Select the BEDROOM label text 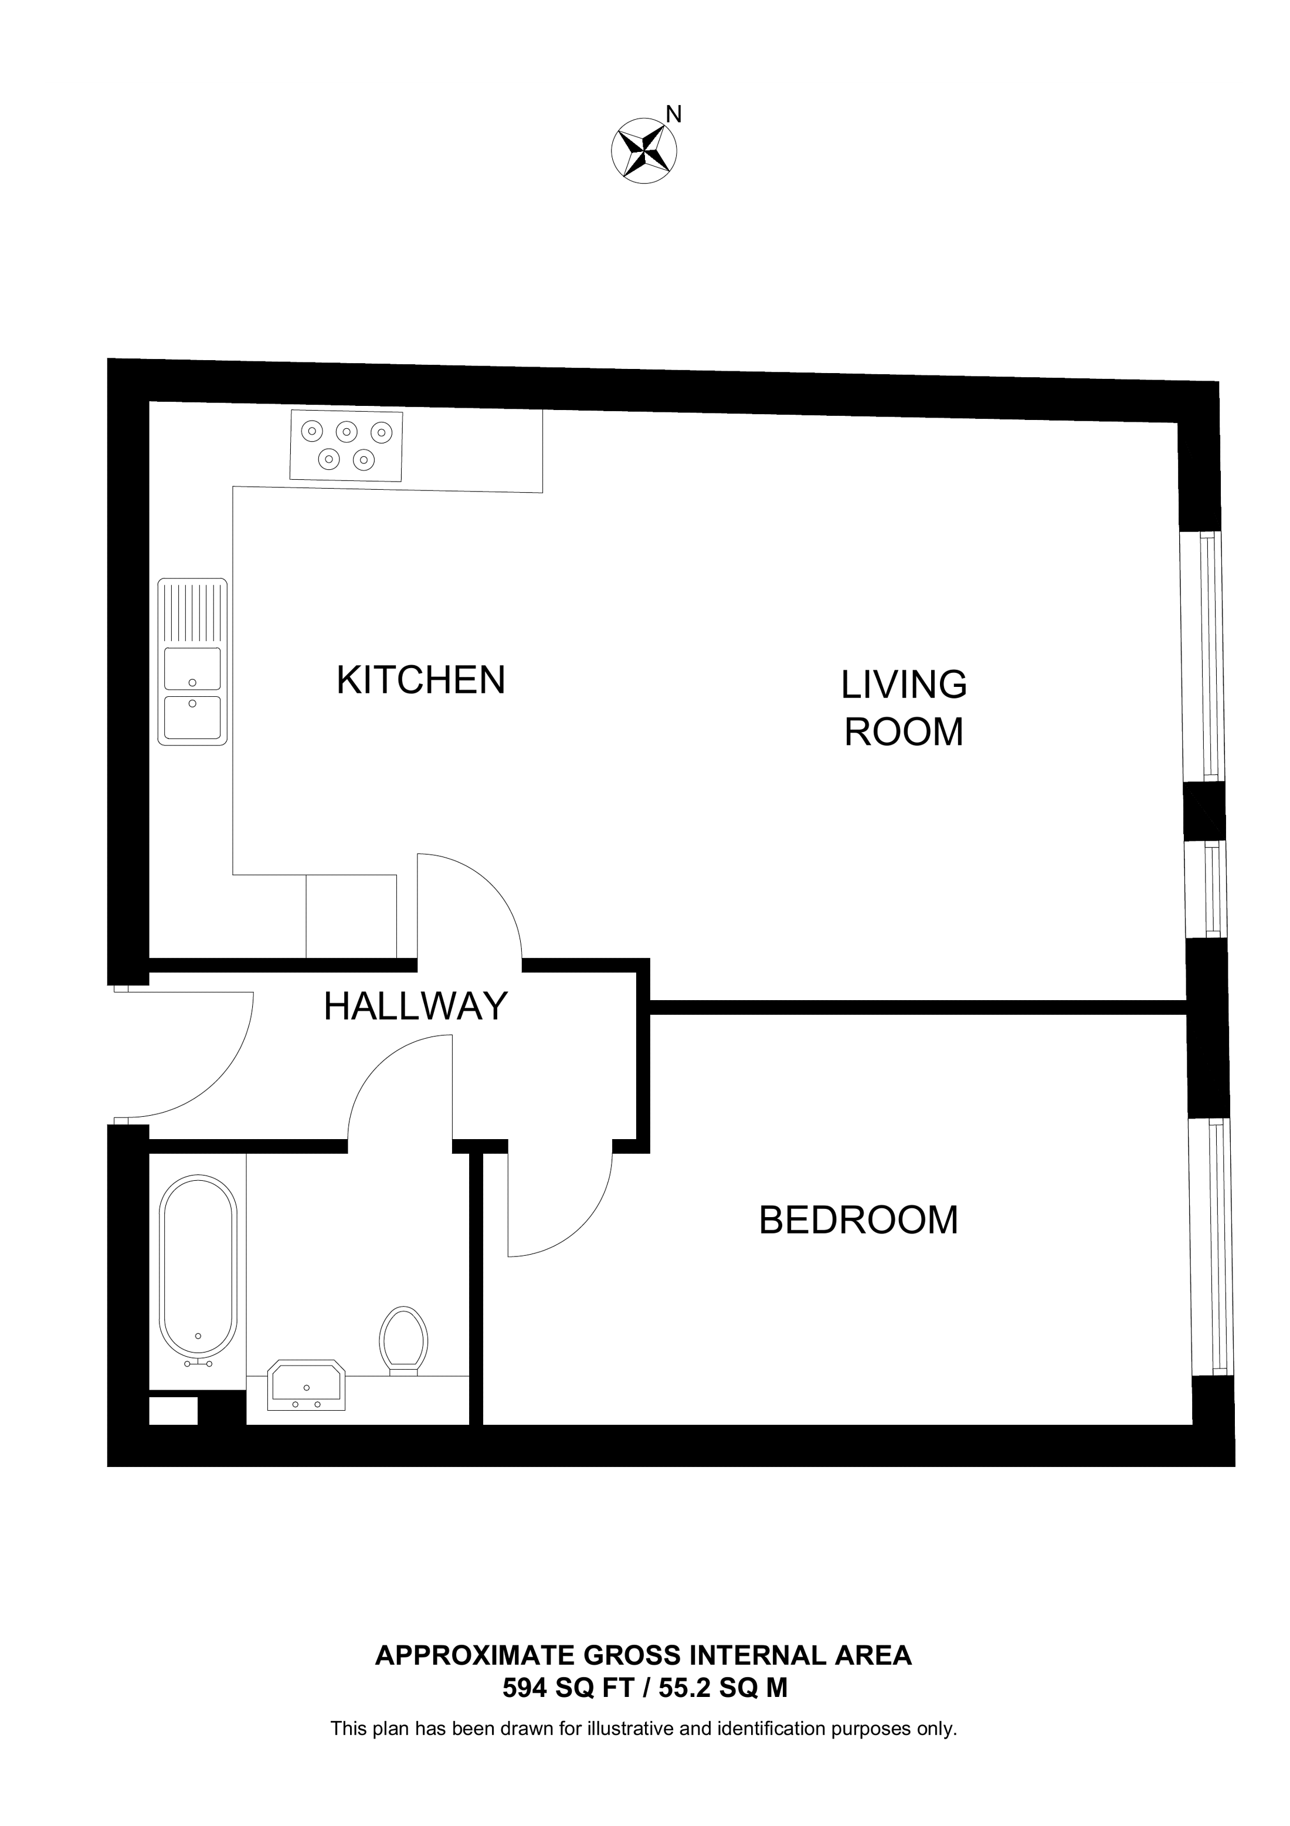click(x=858, y=1220)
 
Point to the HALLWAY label click(x=415, y=1007)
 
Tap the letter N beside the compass click(x=674, y=114)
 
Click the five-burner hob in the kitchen click(x=347, y=445)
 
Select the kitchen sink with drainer click(x=192, y=662)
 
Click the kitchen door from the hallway click(x=469, y=907)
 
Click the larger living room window click(x=1202, y=656)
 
